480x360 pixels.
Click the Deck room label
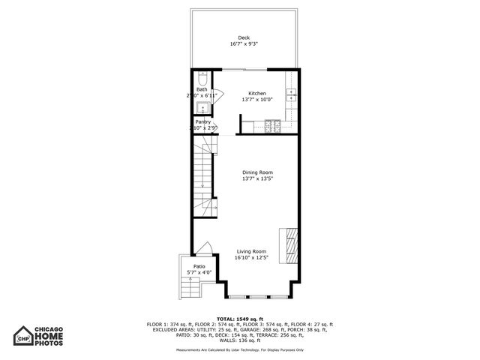tap(244, 38)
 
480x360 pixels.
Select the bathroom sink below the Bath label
tap(202, 106)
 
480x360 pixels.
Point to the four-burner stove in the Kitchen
tap(271, 127)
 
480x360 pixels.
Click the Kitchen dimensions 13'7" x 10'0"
tap(253, 100)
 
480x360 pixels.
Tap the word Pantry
tap(203, 121)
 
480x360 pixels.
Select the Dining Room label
tap(257, 172)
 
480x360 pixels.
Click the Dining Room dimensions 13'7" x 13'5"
tap(257, 179)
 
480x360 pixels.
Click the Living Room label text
tap(251, 251)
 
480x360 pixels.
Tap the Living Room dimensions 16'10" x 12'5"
tap(251, 258)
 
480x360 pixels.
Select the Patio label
tap(199, 266)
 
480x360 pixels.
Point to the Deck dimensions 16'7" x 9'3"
tap(244, 45)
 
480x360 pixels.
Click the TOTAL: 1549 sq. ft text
tap(240, 319)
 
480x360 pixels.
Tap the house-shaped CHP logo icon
tap(25, 337)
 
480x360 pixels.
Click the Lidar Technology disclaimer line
tap(240, 349)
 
